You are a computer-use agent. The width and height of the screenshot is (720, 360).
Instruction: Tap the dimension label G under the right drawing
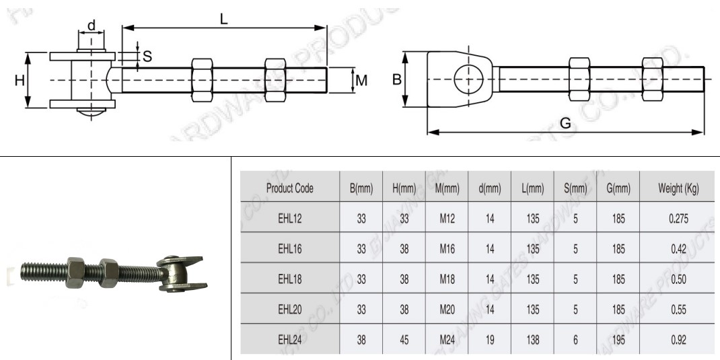(565, 123)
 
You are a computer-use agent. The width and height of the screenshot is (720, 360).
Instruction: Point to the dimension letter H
(20, 80)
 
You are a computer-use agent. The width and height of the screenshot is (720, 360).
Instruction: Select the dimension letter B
(397, 79)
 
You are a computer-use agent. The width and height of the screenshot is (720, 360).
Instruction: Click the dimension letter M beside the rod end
(361, 80)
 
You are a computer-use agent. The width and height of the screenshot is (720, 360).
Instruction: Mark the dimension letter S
(147, 57)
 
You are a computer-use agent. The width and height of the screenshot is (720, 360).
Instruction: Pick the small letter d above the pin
(91, 26)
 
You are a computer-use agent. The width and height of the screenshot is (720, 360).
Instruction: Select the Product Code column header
(289, 188)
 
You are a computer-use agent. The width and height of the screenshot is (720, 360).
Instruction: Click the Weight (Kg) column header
(678, 188)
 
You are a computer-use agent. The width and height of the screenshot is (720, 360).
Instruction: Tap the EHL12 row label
(289, 219)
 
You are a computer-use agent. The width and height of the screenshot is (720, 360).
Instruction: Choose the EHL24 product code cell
(289, 340)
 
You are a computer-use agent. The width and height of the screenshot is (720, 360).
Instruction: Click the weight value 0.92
(678, 340)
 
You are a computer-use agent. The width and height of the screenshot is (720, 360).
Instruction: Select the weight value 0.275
(678, 219)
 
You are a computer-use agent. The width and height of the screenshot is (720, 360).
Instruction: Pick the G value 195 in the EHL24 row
(618, 340)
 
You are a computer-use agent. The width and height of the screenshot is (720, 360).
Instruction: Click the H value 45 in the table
(404, 340)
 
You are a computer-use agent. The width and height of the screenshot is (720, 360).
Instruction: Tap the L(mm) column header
(532, 188)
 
